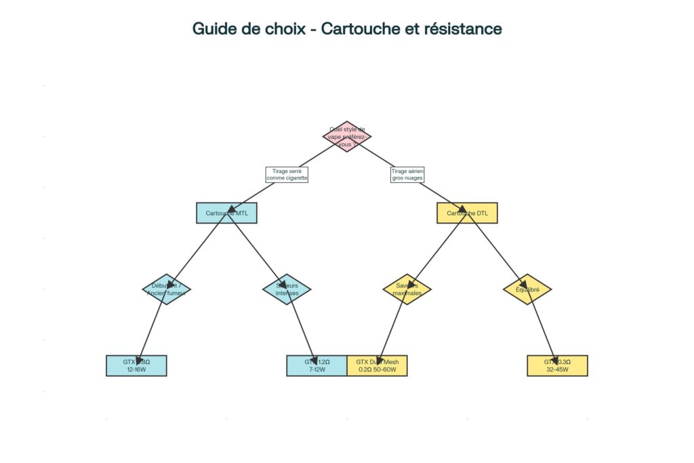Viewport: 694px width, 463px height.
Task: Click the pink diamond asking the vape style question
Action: pyautogui.click(x=347, y=136)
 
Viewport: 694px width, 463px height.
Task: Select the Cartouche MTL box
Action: pyautogui.click(x=226, y=213)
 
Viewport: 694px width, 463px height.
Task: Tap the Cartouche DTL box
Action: pyautogui.click(x=467, y=213)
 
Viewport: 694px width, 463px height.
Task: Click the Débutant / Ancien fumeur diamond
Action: pyautogui.click(x=166, y=289)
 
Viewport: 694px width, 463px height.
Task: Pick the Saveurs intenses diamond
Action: pyautogui.click(x=287, y=289)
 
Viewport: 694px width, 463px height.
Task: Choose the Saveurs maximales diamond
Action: pyautogui.click(x=407, y=289)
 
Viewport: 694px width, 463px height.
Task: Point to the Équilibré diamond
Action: pyautogui.click(x=527, y=289)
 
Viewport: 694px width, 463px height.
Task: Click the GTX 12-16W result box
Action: pyautogui.click(x=136, y=365)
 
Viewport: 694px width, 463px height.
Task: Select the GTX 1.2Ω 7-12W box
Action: pyautogui.click(x=317, y=365)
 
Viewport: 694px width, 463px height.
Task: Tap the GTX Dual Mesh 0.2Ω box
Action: pyautogui.click(x=377, y=365)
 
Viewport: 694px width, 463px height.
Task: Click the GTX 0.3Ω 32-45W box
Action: pyautogui.click(x=557, y=365)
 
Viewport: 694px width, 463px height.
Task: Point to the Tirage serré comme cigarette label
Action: pyautogui.click(x=287, y=175)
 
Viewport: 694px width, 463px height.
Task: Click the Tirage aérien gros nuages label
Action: pyautogui.click(x=407, y=175)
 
